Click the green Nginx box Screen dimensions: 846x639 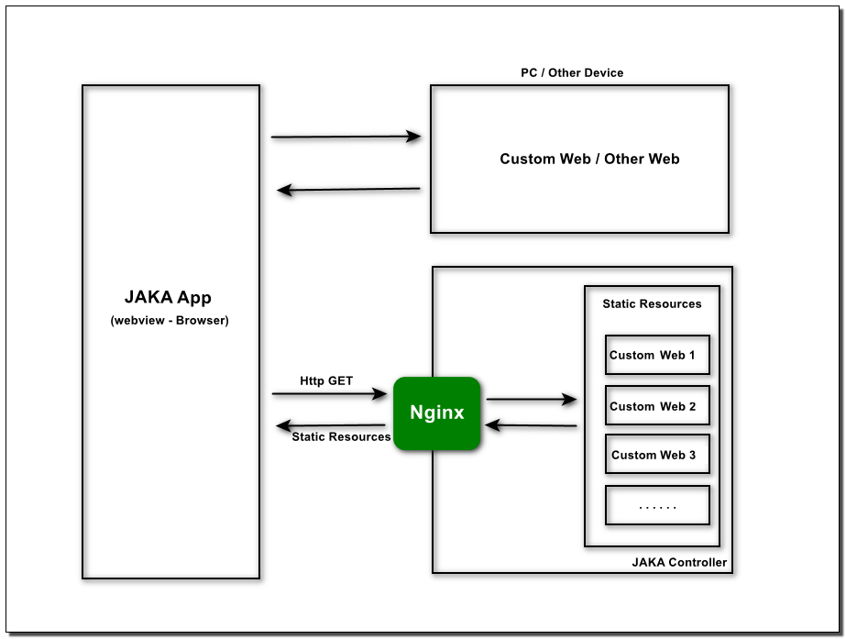click(436, 413)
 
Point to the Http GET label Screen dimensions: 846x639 click(326, 381)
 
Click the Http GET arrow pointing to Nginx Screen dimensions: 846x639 click(330, 394)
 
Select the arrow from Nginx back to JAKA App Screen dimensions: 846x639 click(331, 425)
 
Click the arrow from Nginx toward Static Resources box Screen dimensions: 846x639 click(532, 400)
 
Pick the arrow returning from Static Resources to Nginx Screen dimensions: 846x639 click(531, 425)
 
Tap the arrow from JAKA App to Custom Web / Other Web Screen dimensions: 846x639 click(346, 137)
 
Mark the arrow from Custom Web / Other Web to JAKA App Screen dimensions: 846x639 click(348, 190)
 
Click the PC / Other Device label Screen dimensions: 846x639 click(572, 72)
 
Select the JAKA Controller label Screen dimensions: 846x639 click(679, 562)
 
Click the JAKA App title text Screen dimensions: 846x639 click(168, 297)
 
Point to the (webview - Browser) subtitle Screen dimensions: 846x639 click(170, 321)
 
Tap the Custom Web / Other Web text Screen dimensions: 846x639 click(589, 159)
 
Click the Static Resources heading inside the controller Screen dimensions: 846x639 click(652, 303)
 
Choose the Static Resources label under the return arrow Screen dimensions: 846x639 click(341, 436)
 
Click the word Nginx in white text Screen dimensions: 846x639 click(437, 413)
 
